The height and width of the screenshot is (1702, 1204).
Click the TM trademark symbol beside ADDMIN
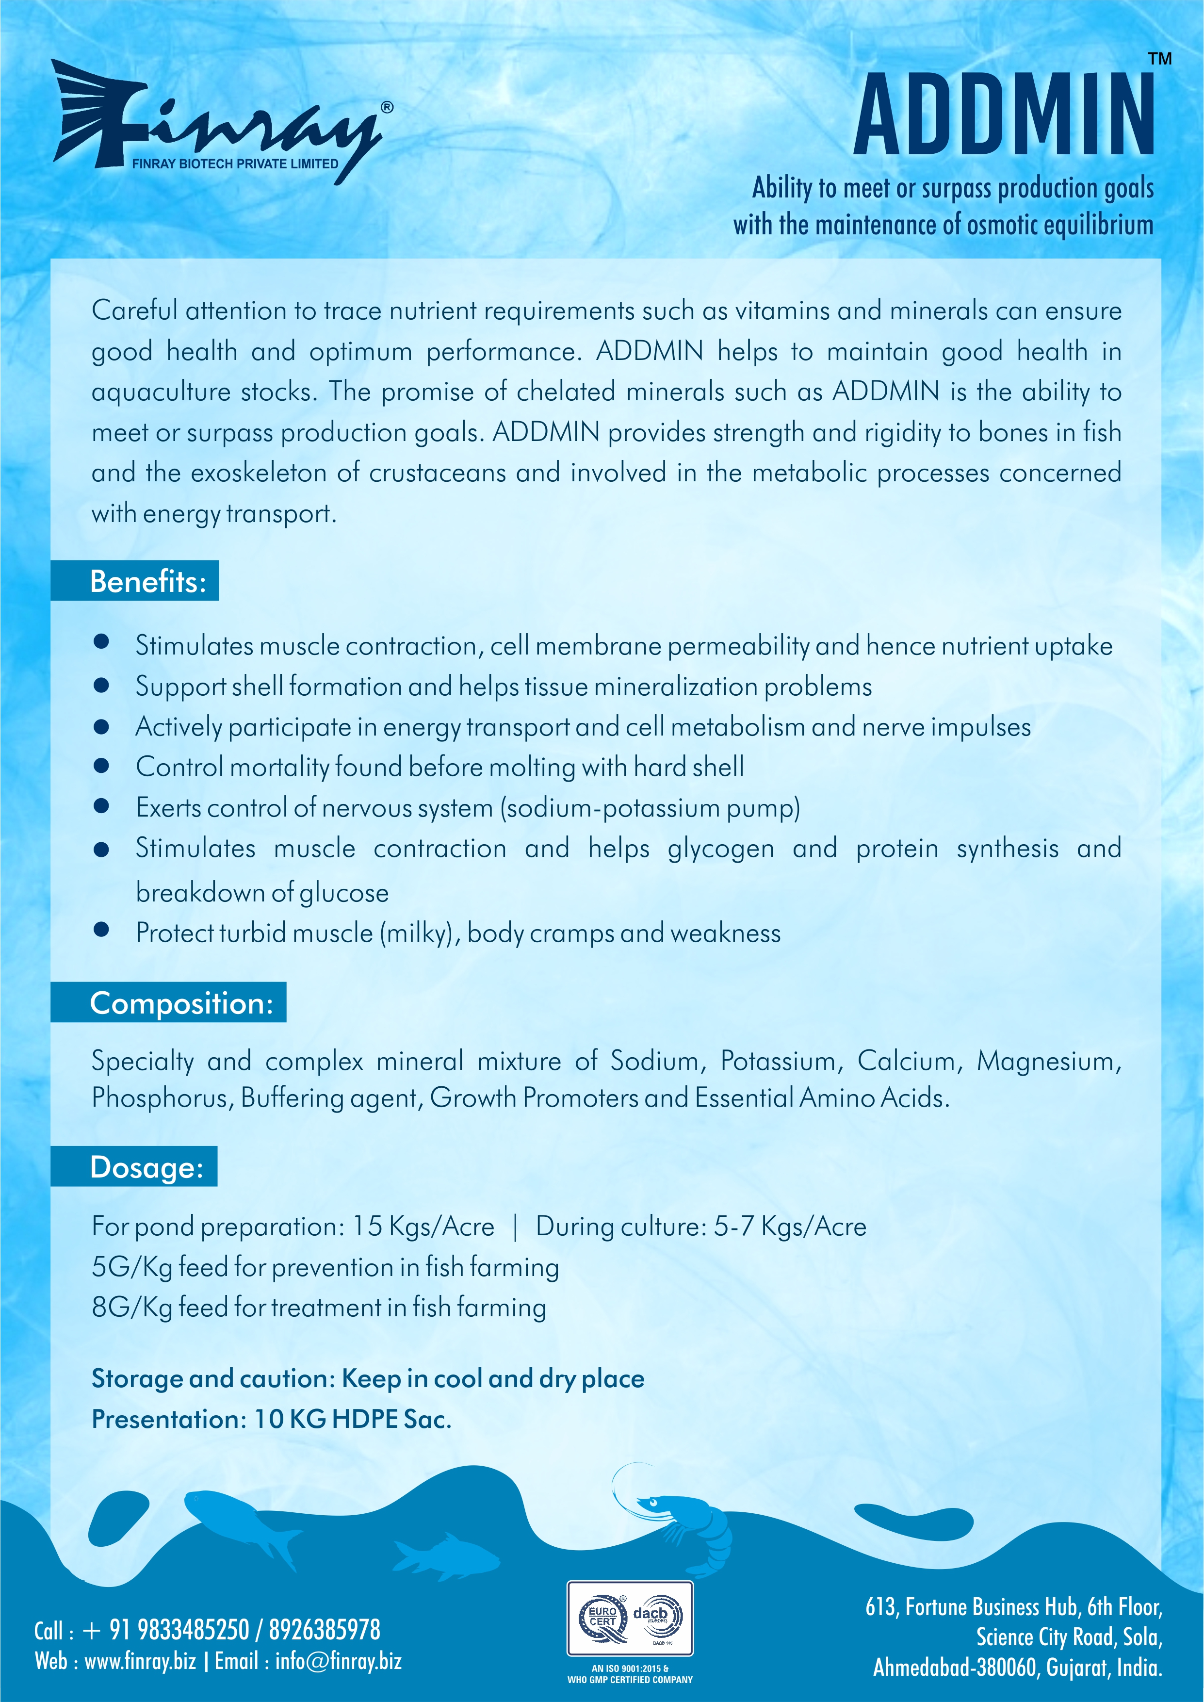[x=1159, y=59]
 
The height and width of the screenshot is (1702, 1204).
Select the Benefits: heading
[x=147, y=581]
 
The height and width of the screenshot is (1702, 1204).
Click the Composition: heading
[x=181, y=1003]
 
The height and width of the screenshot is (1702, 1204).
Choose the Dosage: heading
[x=146, y=1167]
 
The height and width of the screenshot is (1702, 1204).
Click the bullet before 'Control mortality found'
[x=101, y=766]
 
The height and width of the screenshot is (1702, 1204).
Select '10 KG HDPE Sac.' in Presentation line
[x=353, y=1419]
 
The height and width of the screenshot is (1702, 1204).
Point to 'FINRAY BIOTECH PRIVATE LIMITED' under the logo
[x=234, y=164]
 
